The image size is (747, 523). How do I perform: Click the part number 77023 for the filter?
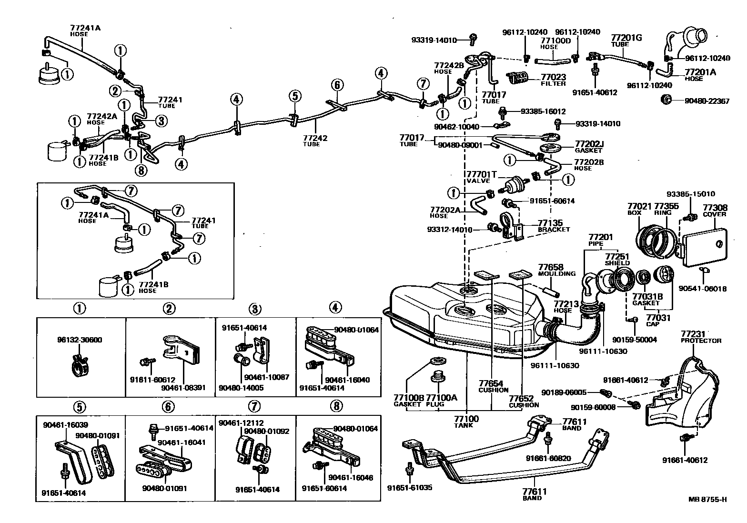tap(553, 76)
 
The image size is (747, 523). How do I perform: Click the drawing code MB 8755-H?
tap(707, 499)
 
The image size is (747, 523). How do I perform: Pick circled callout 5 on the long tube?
tap(294, 96)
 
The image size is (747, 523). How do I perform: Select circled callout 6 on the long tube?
tap(336, 85)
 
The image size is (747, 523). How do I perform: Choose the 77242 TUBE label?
tap(314, 141)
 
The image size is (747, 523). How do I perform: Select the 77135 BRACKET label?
tap(553, 225)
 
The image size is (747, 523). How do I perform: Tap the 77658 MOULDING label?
tap(556, 270)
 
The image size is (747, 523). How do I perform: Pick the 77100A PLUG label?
tap(441, 400)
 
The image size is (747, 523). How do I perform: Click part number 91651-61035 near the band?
tap(409, 488)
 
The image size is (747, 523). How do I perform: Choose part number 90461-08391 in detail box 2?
tap(183, 387)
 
